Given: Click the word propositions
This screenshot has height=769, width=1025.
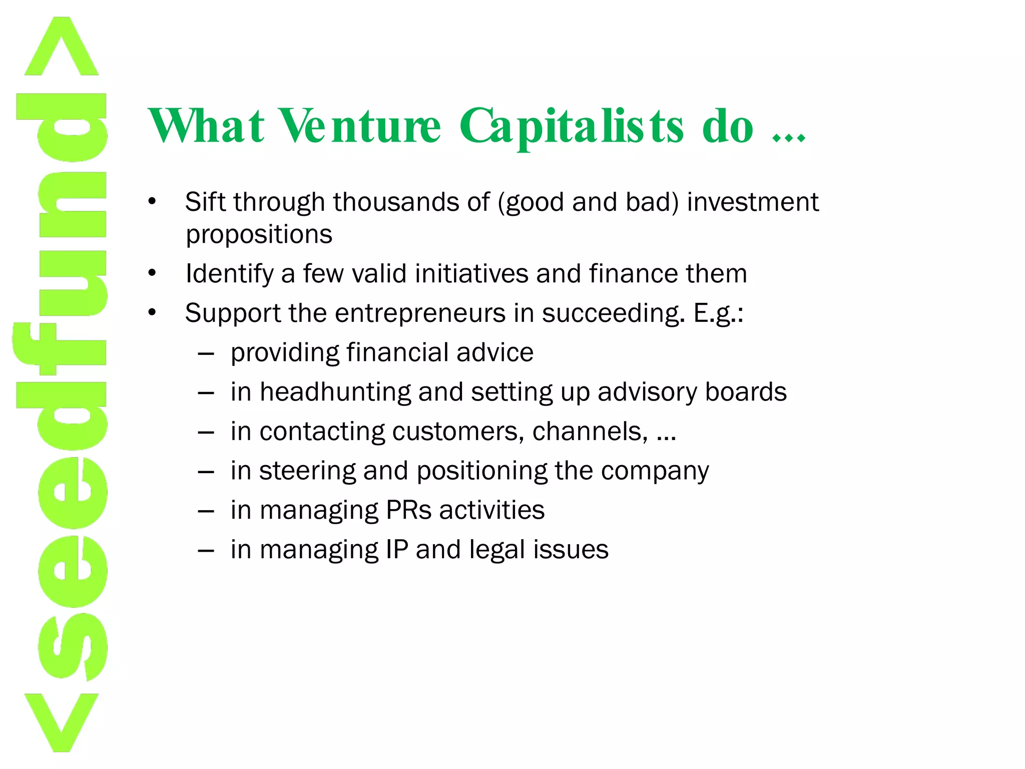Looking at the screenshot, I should coord(259,234).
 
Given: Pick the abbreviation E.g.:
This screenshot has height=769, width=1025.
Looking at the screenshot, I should coord(718,314).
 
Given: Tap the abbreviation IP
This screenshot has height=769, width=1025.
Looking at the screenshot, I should coord(397,549).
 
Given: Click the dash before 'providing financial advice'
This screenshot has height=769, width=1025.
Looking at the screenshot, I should coord(206,353).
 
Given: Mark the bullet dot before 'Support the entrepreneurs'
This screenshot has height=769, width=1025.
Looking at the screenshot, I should coord(152,313).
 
